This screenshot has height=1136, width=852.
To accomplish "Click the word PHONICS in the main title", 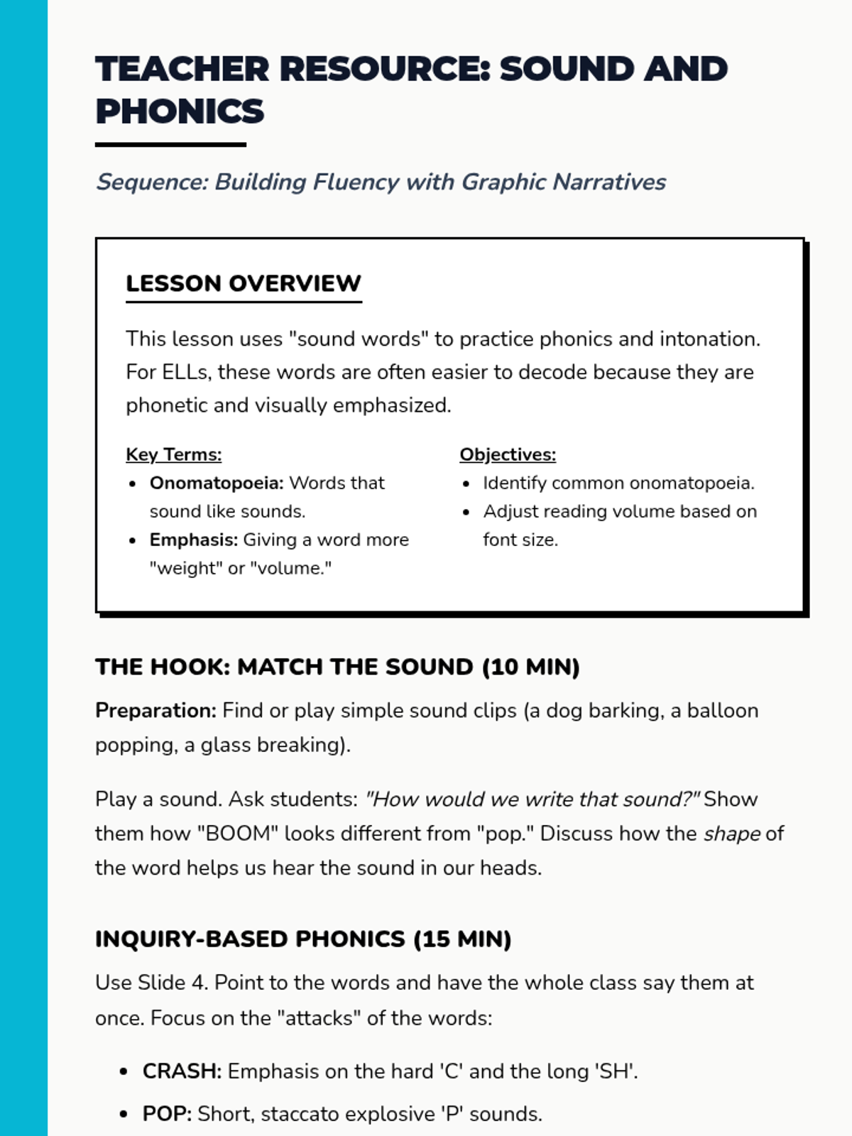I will (180, 111).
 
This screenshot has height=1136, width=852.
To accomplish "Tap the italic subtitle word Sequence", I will (151, 182).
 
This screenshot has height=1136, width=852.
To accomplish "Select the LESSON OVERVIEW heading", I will (244, 283).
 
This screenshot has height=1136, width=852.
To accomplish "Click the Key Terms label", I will (174, 454).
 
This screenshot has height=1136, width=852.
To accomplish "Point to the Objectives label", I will (508, 454).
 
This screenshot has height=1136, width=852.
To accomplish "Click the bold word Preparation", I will (155, 711).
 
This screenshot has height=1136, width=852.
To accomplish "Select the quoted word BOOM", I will (238, 834).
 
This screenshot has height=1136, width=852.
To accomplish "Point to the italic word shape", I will (732, 834).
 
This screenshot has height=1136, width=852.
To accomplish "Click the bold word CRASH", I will (182, 1071).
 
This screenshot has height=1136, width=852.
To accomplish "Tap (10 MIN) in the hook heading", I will (530, 667).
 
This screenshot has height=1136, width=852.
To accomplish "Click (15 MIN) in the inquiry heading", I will (462, 939).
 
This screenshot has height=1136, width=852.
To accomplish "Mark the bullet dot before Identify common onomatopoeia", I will (466, 484).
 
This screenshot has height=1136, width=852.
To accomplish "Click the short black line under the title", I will (170, 145).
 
